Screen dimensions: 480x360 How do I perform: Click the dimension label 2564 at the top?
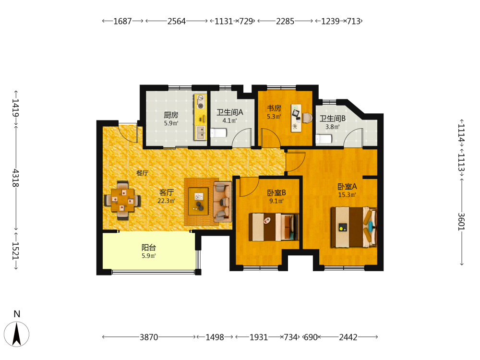click(177, 21)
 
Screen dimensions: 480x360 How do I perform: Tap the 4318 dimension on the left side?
click(16, 178)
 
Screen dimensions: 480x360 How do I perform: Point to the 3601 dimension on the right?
click(461, 222)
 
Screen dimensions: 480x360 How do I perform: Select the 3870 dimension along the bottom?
click(149, 337)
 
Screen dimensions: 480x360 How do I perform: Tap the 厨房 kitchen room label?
click(171, 115)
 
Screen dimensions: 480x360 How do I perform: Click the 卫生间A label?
click(229, 112)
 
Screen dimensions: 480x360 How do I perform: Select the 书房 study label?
click(274, 108)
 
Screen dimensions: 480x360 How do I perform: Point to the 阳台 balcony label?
click(149, 247)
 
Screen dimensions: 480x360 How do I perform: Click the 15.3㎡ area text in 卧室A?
click(347, 195)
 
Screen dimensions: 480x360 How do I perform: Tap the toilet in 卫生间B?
click(324, 139)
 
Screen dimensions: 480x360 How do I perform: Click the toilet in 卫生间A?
click(218, 133)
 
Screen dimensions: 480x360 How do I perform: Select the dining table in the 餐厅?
click(122, 200)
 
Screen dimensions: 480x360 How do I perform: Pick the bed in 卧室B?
click(274, 227)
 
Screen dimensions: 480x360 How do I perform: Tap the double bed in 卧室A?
click(354, 228)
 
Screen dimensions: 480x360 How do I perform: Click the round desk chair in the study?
click(307, 118)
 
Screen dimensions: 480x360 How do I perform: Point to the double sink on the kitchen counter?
click(201, 132)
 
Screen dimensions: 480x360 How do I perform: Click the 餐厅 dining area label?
click(143, 173)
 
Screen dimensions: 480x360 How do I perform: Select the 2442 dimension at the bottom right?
click(348, 337)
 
